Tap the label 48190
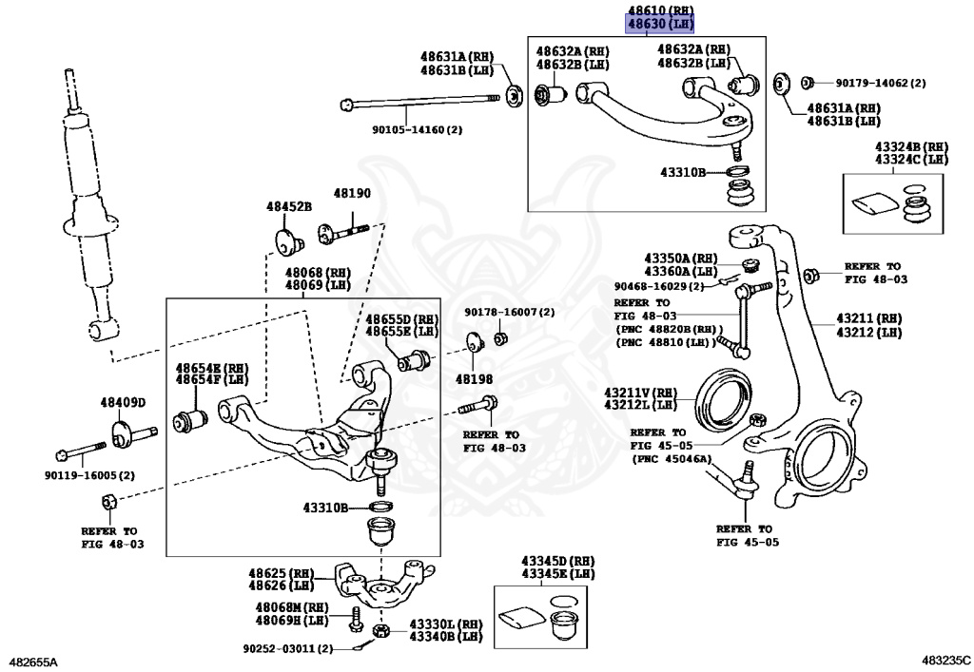[x=351, y=194]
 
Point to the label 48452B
[x=288, y=205]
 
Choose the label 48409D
[x=123, y=402]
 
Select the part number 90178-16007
[x=509, y=312]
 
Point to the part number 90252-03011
[x=285, y=649]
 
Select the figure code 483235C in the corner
[x=945, y=660]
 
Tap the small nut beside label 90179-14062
[x=807, y=82]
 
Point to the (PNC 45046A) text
[x=671, y=458]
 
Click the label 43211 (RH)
[x=868, y=317]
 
